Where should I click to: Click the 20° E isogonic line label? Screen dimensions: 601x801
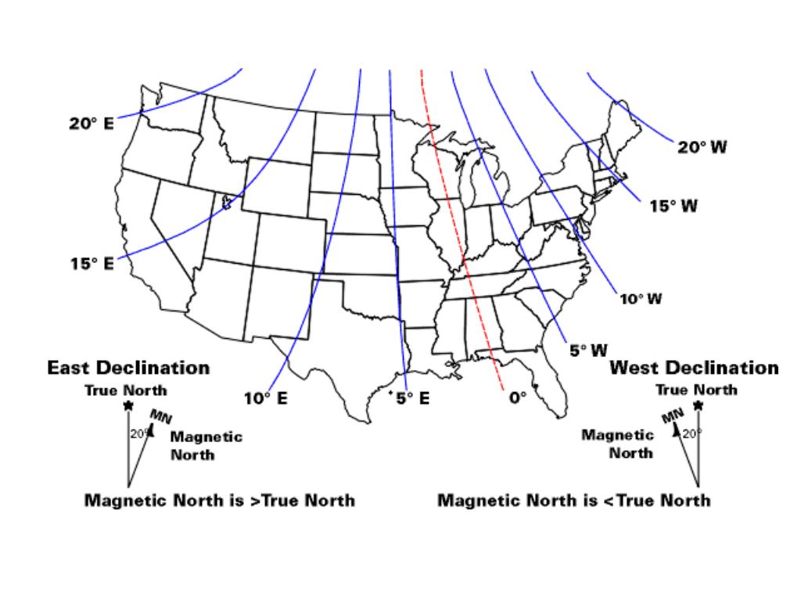coord(91,124)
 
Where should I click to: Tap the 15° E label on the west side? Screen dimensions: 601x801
coord(91,264)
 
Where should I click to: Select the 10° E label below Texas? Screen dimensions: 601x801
coord(265,398)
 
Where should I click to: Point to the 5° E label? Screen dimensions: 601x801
coord(412,398)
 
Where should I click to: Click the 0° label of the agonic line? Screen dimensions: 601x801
coord(519,398)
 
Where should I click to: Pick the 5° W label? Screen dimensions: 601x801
coord(588,351)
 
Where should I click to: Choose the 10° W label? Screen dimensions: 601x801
coord(641,300)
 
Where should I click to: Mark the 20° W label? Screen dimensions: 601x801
coord(702,148)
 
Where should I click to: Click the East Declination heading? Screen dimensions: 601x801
coord(128,368)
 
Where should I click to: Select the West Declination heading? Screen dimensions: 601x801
coord(694,368)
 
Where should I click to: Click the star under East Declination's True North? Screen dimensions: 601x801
coord(128,405)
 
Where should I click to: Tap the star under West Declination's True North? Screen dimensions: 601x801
coord(699,405)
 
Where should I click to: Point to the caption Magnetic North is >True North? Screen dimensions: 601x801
coord(219,500)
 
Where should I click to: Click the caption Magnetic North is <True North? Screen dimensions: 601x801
coord(574,500)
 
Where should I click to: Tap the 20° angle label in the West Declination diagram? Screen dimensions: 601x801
coord(691,433)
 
